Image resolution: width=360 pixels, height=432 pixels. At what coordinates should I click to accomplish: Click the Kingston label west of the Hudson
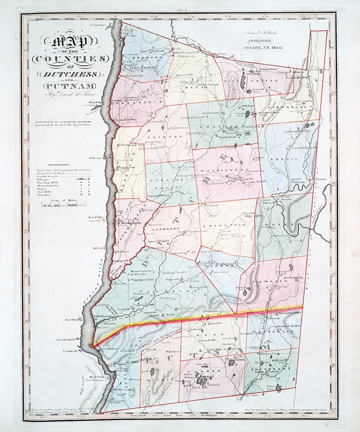click(97, 102)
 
